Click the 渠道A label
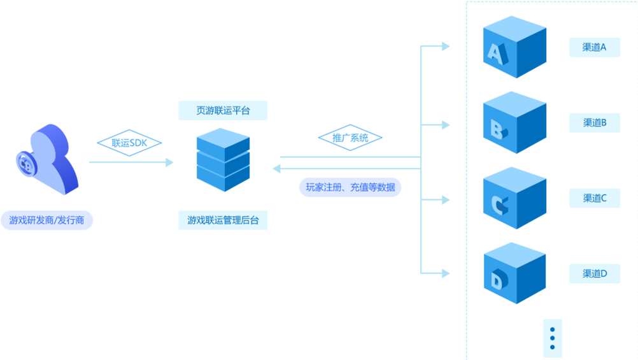594,47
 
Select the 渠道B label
594,122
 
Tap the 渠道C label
594,198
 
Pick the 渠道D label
594,274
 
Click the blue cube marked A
514,48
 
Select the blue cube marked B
514,123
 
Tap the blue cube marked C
514,199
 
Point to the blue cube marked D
514,274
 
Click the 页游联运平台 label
223,110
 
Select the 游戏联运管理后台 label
223,220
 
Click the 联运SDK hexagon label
129,143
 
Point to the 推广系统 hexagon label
350,138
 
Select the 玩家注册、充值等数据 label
350,187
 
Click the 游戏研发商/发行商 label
47,220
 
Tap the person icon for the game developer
48,159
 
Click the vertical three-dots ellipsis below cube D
552,338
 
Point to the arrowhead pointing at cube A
446,46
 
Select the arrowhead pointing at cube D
446,273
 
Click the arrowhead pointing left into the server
276,168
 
